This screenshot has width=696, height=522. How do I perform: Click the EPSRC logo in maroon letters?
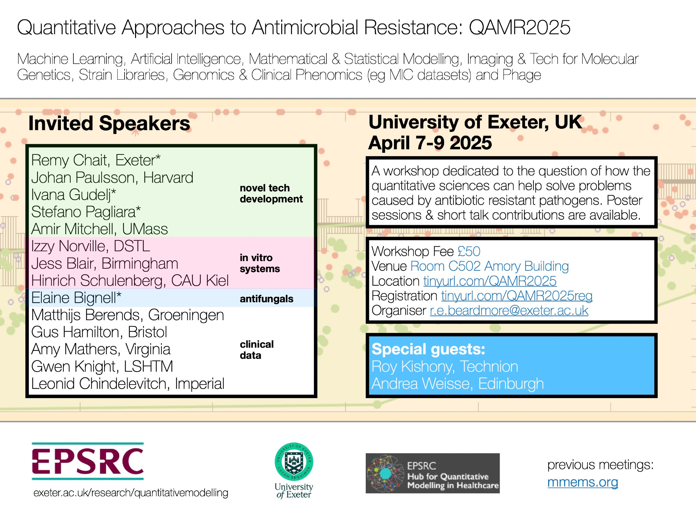pyautogui.click(x=88, y=461)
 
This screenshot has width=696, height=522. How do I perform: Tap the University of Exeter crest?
pyautogui.click(x=294, y=461)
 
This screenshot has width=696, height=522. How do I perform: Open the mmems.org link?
pyautogui.click(x=583, y=482)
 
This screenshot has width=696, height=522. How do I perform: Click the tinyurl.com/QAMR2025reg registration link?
pyautogui.click(x=517, y=296)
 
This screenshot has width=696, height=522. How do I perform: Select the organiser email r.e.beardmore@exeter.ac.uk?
pyautogui.click(x=509, y=310)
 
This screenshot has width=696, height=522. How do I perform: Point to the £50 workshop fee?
pyautogui.click(x=469, y=251)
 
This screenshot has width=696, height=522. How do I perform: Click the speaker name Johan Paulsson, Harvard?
pyautogui.click(x=112, y=178)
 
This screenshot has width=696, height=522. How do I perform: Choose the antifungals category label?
pyautogui.click(x=266, y=299)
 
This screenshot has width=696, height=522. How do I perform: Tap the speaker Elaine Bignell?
pyautogui.click(x=76, y=298)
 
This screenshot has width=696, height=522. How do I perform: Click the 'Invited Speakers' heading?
pyautogui.click(x=109, y=124)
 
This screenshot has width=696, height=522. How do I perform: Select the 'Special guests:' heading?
pyautogui.click(x=428, y=349)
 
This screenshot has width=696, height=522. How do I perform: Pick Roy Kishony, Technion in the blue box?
pyautogui.click(x=445, y=366)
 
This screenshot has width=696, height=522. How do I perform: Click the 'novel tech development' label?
pyautogui.click(x=271, y=193)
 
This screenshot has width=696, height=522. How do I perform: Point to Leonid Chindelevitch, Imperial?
pyautogui.click(x=128, y=384)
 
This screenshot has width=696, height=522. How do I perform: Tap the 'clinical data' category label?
pyautogui.click(x=256, y=350)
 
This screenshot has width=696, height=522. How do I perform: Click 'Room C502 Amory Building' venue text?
pyautogui.click(x=490, y=266)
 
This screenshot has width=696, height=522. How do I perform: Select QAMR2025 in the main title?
pyautogui.click(x=520, y=27)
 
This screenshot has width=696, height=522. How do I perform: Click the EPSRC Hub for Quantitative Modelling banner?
pyautogui.click(x=433, y=473)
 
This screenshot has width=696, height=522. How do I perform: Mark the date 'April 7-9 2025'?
pyautogui.click(x=430, y=143)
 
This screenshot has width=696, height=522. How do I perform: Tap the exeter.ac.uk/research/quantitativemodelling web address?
pyautogui.click(x=131, y=493)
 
